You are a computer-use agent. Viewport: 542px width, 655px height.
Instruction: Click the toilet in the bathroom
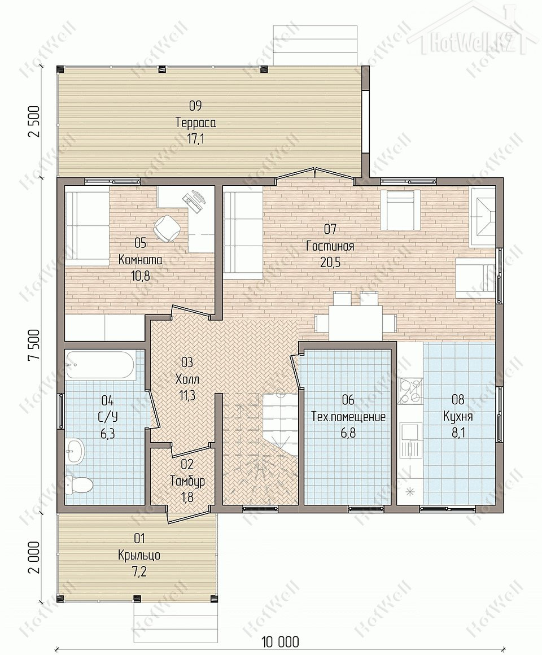(x=80, y=484)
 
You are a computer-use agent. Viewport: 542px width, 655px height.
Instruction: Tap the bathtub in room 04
(x=100, y=366)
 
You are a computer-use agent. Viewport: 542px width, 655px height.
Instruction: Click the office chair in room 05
(x=167, y=228)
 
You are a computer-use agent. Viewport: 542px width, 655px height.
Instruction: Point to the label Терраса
(x=195, y=123)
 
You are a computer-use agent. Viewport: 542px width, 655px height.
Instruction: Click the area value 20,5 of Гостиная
(x=330, y=263)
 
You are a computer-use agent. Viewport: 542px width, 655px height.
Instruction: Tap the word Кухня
(x=458, y=417)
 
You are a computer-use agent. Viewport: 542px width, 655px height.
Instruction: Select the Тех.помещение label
(x=348, y=417)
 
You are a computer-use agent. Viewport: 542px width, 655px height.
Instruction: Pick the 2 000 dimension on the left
(x=35, y=558)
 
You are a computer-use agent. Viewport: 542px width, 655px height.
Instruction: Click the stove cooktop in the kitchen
(x=410, y=391)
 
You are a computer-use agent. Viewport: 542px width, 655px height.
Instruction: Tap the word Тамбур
(x=187, y=481)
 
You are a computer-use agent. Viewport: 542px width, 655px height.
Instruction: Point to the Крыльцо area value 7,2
(x=139, y=571)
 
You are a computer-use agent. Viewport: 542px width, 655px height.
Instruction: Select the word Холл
(x=187, y=379)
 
